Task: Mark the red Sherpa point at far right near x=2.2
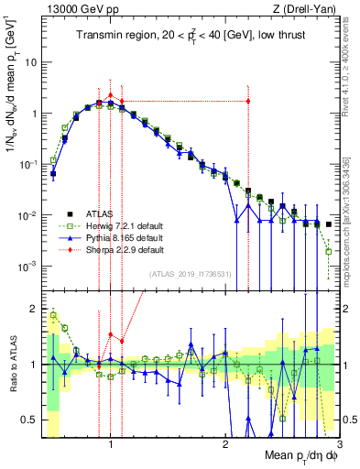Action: (x=248, y=101)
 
